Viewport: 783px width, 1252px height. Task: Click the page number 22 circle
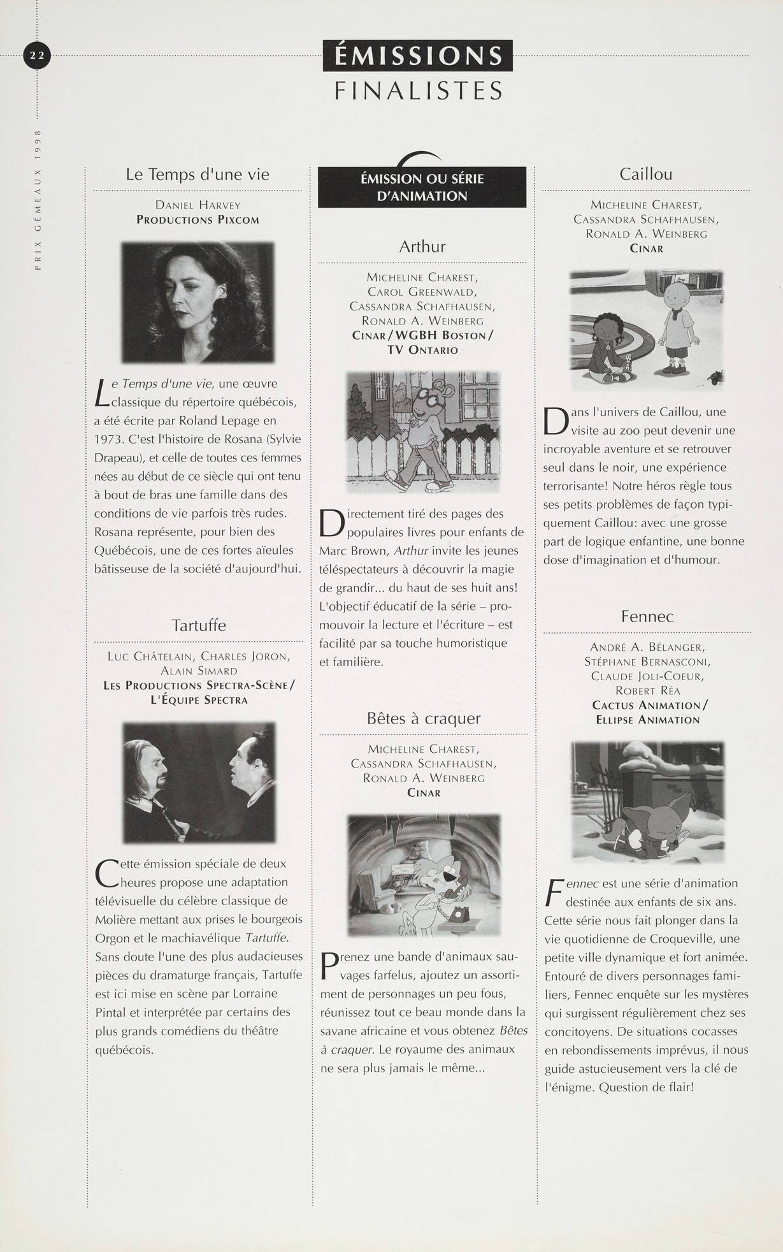(x=36, y=56)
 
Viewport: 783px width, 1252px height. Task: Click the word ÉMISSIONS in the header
(x=417, y=56)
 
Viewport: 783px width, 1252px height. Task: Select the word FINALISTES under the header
(x=418, y=91)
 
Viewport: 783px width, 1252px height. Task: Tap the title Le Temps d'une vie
(x=198, y=175)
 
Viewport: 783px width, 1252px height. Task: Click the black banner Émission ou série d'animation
(x=422, y=187)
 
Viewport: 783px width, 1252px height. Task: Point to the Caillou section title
(x=645, y=175)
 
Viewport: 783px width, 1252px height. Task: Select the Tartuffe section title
(x=199, y=625)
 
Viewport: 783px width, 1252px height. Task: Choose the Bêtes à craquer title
(x=424, y=718)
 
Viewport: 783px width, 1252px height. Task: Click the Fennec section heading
(x=647, y=616)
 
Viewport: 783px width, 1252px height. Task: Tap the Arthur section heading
(x=422, y=247)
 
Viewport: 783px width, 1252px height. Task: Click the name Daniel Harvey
(x=198, y=205)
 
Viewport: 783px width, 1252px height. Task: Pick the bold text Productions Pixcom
(x=198, y=220)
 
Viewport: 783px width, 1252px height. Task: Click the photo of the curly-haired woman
(x=198, y=302)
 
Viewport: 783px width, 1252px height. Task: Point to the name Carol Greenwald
(x=422, y=292)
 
